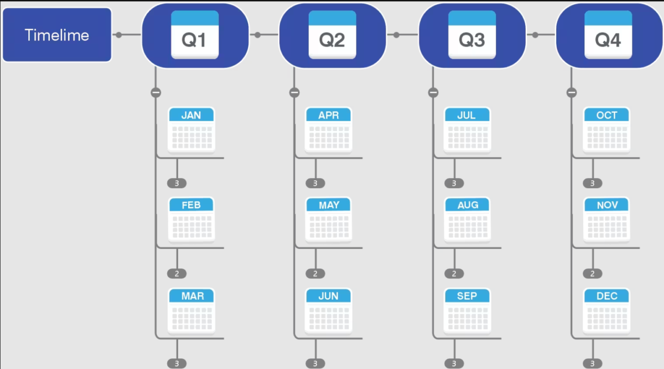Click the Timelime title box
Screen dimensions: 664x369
coord(57,35)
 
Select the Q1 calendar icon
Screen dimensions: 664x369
coord(195,35)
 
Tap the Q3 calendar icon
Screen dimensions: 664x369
coord(472,35)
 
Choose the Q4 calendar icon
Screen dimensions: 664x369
coord(608,35)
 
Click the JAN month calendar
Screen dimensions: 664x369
coord(191,130)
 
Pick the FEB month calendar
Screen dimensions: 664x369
coord(191,220)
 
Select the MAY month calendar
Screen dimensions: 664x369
coord(329,220)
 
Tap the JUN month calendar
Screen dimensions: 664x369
coord(329,310)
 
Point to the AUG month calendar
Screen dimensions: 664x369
coord(468,220)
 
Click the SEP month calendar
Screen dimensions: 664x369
coord(468,310)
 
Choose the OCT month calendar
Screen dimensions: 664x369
coord(607,130)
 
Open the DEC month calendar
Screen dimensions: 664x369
coord(607,310)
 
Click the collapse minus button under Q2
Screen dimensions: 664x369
coord(294,92)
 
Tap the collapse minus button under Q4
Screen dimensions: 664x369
coord(572,92)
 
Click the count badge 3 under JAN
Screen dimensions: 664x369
coord(177,183)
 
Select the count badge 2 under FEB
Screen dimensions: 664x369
coord(177,273)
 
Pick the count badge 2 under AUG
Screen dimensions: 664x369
coord(454,273)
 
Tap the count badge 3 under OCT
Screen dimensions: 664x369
coord(592,183)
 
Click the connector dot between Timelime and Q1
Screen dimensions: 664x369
coord(119,35)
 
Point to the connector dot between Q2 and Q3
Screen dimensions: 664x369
coord(396,35)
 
